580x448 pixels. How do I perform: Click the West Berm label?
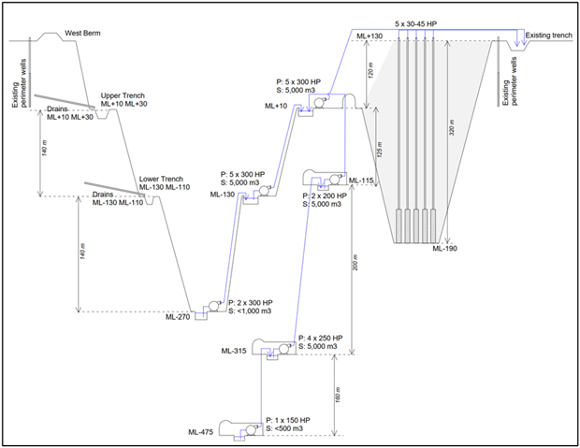point(81,35)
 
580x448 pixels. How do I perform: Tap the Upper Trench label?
point(122,95)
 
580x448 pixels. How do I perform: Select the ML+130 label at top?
point(369,36)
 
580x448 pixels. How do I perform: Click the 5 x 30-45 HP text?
point(415,22)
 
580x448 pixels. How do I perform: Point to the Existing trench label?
point(548,36)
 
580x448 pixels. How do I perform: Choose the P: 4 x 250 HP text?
point(320,338)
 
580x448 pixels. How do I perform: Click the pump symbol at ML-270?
point(215,305)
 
